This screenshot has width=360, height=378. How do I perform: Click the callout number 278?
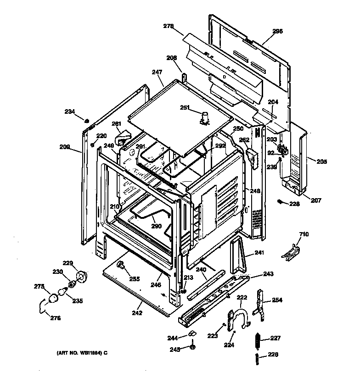pos(169,27)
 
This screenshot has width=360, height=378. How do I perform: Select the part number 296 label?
pos(277,31)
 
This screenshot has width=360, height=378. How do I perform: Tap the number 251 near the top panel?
pos(185,107)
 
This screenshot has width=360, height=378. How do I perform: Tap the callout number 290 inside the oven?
pos(157,227)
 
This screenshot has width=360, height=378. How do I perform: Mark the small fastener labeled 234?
pos(86,120)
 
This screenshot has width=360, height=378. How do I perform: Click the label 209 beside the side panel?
pos(64,147)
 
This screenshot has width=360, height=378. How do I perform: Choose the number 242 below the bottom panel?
pos(136,313)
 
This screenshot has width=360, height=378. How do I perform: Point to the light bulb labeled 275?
pos(54,298)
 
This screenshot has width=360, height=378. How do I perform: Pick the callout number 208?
pos(171,58)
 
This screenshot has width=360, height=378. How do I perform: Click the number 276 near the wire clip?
pos(55,318)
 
